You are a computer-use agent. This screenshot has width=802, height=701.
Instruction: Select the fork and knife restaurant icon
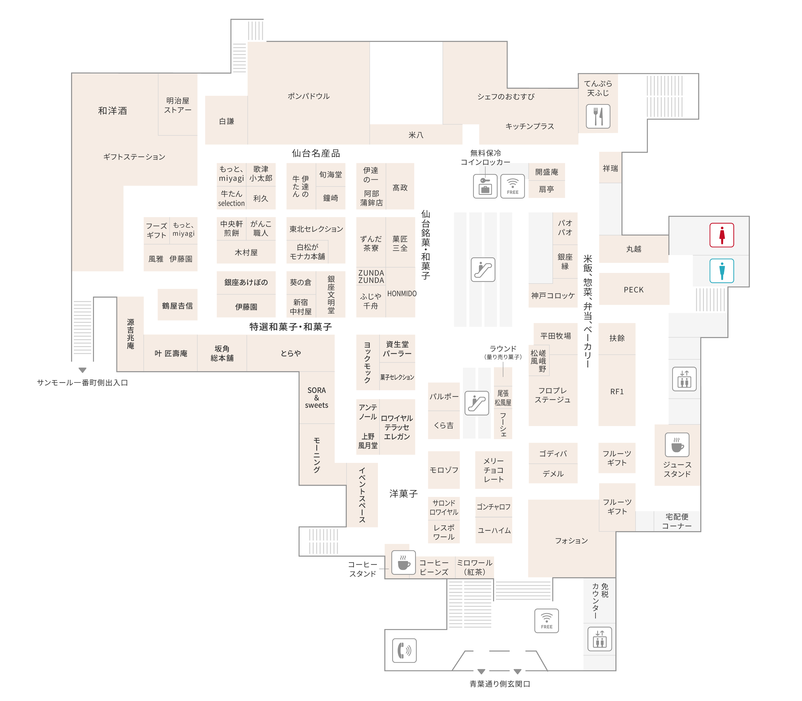click(x=598, y=116)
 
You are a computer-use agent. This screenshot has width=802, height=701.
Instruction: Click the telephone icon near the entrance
click(x=404, y=651)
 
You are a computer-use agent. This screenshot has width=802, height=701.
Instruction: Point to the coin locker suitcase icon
click(x=485, y=186)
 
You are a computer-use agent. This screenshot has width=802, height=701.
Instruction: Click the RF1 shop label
click(x=617, y=392)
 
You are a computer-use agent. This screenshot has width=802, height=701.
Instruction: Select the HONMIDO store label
click(x=402, y=293)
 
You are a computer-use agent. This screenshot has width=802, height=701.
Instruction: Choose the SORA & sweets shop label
click(x=316, y=398)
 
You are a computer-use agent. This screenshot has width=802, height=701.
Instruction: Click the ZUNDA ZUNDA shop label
click(x=371, y=276)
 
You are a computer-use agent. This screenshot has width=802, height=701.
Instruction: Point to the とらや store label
click(x=291, y=353)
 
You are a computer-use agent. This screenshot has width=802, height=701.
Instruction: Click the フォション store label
click(x=571, y=541)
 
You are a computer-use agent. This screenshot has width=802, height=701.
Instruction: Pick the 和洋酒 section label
click(x=113, y=111)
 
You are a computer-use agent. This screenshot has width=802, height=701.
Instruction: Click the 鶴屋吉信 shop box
click(x=177, y=305)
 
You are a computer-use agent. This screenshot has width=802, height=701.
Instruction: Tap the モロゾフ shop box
click(x=444, y=470)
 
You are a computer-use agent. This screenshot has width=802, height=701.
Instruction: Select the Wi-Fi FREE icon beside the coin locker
click(x=513, y=186)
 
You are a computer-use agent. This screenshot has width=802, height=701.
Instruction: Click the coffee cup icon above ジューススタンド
click(x=677, y=445)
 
